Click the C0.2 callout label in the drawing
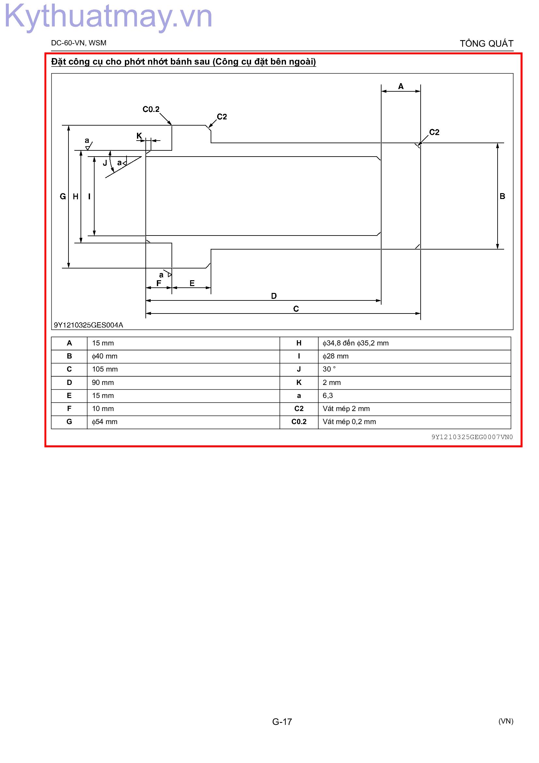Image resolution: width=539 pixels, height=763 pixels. pyautogui.click(x=151, y=109)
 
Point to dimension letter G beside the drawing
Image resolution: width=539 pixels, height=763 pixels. pyautogui.click(x=62, y=197)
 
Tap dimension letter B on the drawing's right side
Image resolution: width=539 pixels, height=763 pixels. pyautogui.click(x=502, y=196)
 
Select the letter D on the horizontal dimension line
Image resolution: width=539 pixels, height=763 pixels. pyautogui.click(x=274, y=296)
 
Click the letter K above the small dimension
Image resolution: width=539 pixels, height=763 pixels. pyautogui.click(x=139, y=136)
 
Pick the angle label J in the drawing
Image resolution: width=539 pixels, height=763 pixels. pyautogui.click(x=105, y=163)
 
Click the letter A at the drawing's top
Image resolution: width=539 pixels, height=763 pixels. pyautogui.click(x=401, y=86)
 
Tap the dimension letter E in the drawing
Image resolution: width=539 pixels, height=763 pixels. pyautogui.click(x=192, y=283)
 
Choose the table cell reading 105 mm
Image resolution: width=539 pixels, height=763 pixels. pyautogui.click(x=105, y=369)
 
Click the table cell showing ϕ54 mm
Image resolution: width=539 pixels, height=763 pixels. pyautogui.click(x=105, y=422)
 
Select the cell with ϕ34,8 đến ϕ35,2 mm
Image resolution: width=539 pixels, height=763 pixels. pyautogui.click(x=355, y=343)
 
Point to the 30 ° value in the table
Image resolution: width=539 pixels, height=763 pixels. pyautogui.click(x=329, y=369)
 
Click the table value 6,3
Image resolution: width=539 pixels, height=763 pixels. pyautogui.click(x=328, y=395)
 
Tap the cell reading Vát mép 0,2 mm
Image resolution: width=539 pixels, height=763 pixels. pyautogui.click(x=349, y=422)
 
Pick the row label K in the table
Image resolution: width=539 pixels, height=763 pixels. pyautogui.click(x=299, y=383)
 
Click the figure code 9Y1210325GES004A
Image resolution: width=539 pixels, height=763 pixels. pyautogui.click(x=88, y=325)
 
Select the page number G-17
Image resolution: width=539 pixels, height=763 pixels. pyautogui.click(x=282, y=722)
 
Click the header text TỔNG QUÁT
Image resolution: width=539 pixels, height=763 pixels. pyautogui.click(x=487, y=43)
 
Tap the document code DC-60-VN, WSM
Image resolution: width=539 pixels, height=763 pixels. pyautogui.click(x=79, y=43)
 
